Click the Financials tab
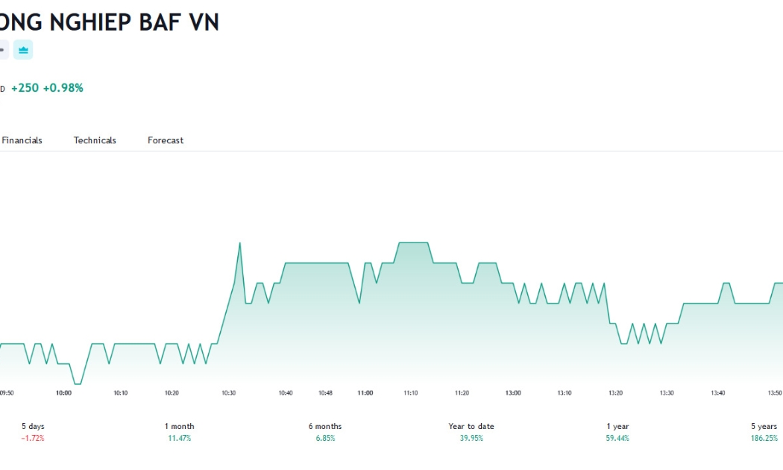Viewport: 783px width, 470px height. [x=22, y=140]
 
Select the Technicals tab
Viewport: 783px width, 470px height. [x=95, y=140]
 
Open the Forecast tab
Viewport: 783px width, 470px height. [x=166, y=140]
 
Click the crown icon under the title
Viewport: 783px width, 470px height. [x=23, y=50]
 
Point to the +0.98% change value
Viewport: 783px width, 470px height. [x=63, y=88]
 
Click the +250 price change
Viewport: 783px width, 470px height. [x=25, y=88]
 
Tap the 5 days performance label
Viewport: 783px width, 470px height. [x=33, y=426]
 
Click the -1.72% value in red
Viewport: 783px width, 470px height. [x=33, y=438]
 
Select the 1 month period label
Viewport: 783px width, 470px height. [x=179, y=426]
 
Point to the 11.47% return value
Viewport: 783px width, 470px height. [x=179, y=438]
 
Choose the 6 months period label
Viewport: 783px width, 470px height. [x=325, y=426]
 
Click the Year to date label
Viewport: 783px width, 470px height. [x=471, y=426]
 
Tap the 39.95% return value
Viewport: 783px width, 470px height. [x=471, y=438]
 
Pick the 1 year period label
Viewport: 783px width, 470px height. [x=617, y=426]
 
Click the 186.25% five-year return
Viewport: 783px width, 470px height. [x=764, y=438]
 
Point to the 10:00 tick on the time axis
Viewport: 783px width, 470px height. [x=63, y=393]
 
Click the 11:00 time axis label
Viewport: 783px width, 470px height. [x=365, y=393]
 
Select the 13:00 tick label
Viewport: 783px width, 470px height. [x=513, y=393]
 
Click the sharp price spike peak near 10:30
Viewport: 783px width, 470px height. [x=239, y=242]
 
